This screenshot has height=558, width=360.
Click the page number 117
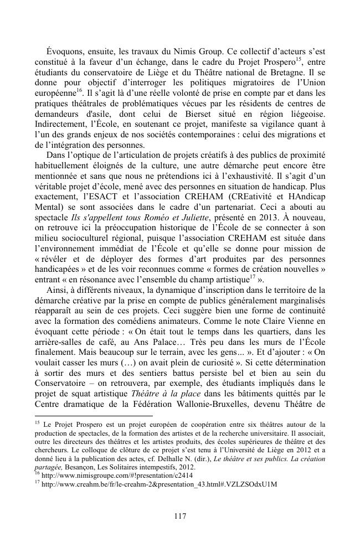point(179,516)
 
